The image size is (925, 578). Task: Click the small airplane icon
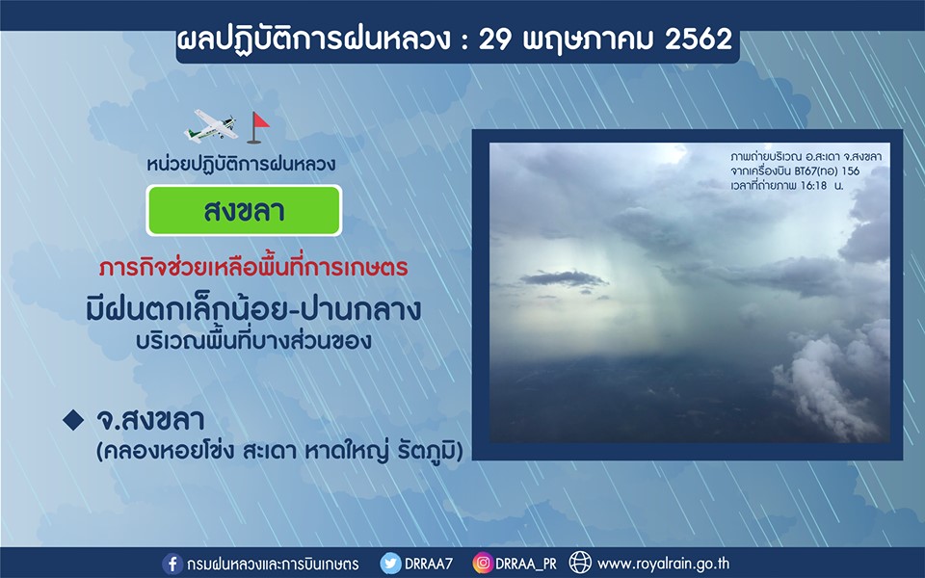[x=212, y=125]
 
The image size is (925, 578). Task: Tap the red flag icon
[x=258, y=127]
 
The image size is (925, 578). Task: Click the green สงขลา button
[x=244, y=211]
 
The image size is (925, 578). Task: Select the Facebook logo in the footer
[x=172, y=564]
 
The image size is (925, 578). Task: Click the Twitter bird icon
[x=390, y=564]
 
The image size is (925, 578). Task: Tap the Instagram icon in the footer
[x=483, y=564]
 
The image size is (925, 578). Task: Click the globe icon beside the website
[x=580, y=563]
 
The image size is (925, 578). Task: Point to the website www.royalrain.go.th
[x=664, y=564]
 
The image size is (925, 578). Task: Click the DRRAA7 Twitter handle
[x=429, y=564]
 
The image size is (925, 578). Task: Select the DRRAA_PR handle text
[x=526, y=565]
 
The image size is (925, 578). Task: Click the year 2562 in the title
[x=699, y=39]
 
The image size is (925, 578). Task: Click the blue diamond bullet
[x=73, y=420]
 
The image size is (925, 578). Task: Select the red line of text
[x=253, y=268]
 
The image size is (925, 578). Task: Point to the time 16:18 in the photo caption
[x=815, y=185]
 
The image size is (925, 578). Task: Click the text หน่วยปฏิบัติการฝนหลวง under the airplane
[x=241, y=164]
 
